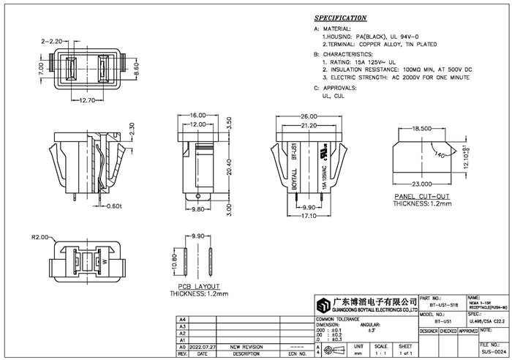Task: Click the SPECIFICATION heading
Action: click(340, 18)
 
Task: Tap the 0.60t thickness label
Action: click(113, 206)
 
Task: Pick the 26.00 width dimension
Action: click(309, 116)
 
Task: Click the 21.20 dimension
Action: click(308, 125)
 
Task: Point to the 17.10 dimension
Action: click(308, 216)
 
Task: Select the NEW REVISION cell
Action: click(246, 347)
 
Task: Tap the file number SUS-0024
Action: click(494, 352)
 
